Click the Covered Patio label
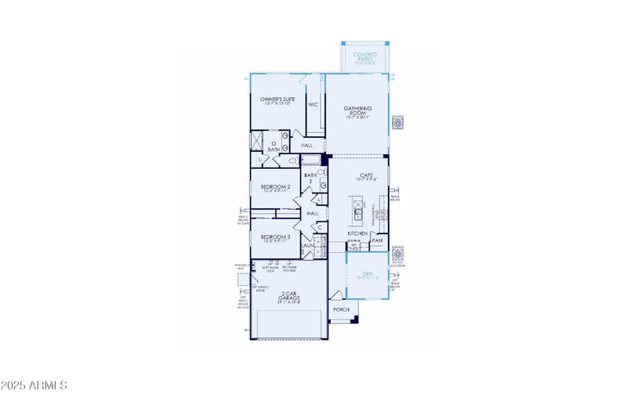(x=364, y=56)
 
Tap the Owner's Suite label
(x=277, y=100)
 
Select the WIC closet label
(x=313, y=103)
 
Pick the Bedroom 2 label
(x=275, y=188)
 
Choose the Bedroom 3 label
(x=275, y=237)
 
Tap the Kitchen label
(x=357, y=233)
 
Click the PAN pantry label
(x=377, y=240)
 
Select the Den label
(x=367, y=276)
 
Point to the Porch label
(x=341, y=310)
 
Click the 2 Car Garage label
(x=288, y=297)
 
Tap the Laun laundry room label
(x=307, y=245)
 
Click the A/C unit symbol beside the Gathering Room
(x=398, y=123)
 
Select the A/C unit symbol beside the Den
(x=398, y=255)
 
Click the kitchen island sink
(x=357, y=211)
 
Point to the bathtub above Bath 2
(x=311, y=161)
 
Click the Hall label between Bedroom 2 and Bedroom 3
(x=313, y=213)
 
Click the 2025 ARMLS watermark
(x=34, y=385)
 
